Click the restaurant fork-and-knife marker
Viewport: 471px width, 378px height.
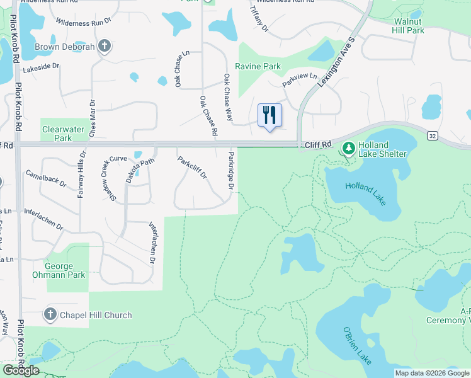[270, 115]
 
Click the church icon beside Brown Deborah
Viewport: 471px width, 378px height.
[105, 46]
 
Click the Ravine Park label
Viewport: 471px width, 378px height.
[258, 66]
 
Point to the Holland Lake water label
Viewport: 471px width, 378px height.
[365, 192]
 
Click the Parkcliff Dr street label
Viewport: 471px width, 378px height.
[192, 168]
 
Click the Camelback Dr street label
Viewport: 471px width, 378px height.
[45, 179]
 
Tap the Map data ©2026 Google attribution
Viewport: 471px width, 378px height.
[431, 373]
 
